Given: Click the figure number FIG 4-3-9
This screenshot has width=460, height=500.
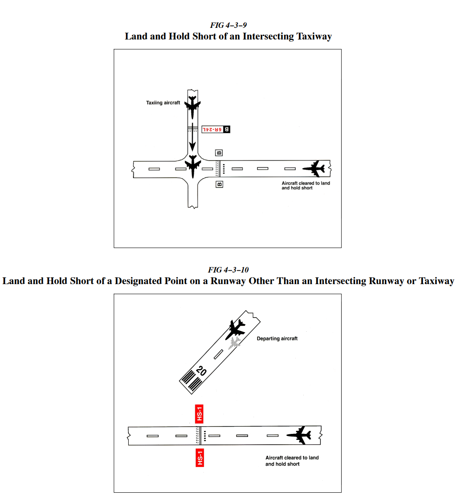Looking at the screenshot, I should pos(228,25).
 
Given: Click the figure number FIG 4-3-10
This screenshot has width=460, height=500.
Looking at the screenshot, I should pos(228,270).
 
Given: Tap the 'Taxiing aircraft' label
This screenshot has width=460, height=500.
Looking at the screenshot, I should pos(163,103).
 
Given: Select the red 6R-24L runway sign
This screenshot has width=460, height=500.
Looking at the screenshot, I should pos(213,129).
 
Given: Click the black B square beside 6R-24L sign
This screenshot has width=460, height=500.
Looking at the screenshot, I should pos(227,129).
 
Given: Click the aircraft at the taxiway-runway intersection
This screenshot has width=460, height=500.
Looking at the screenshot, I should pos(193,165).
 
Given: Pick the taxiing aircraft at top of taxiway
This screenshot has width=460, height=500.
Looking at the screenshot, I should pos(193,106).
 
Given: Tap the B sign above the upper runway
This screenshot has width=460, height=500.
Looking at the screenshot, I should pos(219,153).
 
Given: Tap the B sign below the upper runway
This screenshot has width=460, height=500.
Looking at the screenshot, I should pos(219,185).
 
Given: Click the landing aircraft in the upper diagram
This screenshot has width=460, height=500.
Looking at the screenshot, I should pos(315,169).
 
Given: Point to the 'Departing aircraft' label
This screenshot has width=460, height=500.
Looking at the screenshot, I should pos(277,339).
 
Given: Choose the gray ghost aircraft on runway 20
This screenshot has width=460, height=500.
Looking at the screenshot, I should pos(234,343).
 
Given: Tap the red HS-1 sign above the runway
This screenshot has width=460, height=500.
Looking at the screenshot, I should pos(199,414).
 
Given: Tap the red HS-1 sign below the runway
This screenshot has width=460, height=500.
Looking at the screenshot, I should pos(200,458).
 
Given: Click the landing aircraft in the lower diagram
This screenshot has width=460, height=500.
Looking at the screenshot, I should pos(300,435).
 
